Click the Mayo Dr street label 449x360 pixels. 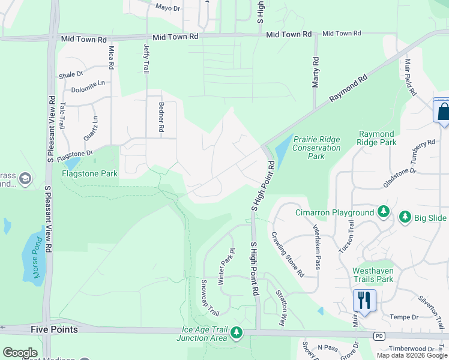(167, 8)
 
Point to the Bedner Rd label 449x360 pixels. (161, 117)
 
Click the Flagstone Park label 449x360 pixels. (90, 174)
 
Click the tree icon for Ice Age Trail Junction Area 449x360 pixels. (237, 332)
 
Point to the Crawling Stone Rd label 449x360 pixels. (288, 254)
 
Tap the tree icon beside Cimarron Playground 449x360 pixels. (384, 212)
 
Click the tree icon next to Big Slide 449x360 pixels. (405, 217)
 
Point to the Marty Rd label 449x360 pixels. (316, 72)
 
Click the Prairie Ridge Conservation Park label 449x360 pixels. (316, 148)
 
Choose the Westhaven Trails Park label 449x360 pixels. (373, 275)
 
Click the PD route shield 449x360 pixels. (378, 335)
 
